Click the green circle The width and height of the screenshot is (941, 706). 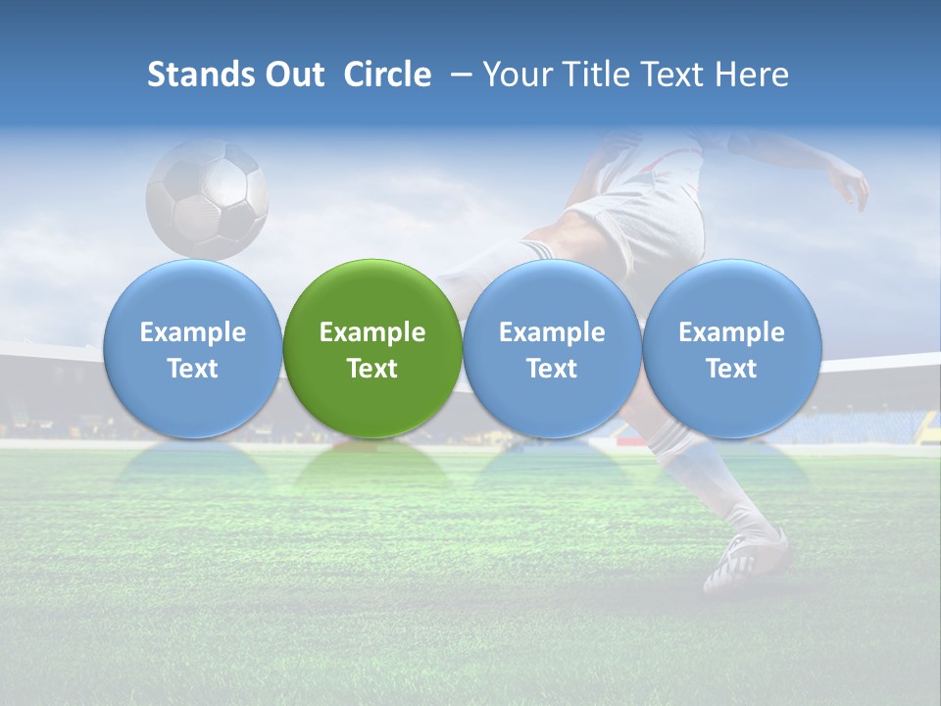coord(372,348)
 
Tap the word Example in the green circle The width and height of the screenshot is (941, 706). coord(372,332)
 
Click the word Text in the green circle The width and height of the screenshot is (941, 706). coord(372,369)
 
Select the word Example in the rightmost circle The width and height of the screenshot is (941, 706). coord(731,332)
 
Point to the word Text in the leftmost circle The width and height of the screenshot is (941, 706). coord(192,369)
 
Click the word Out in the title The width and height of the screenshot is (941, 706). coord(294,75)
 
